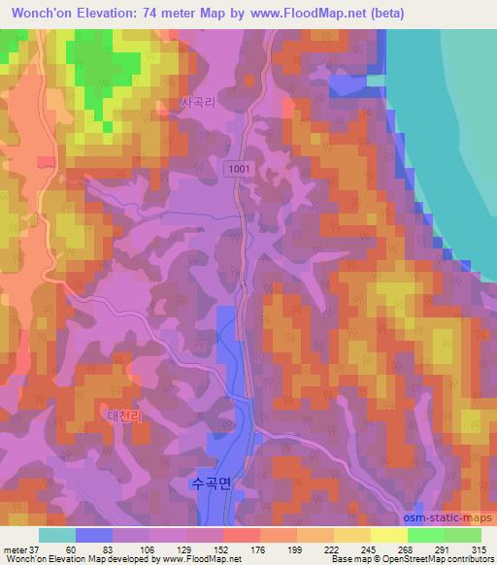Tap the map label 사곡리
(x=197, y=101)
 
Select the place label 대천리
(x=123, y=415)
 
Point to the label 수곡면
(x=211, y=482)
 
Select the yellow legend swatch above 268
(x=388, y=535)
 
